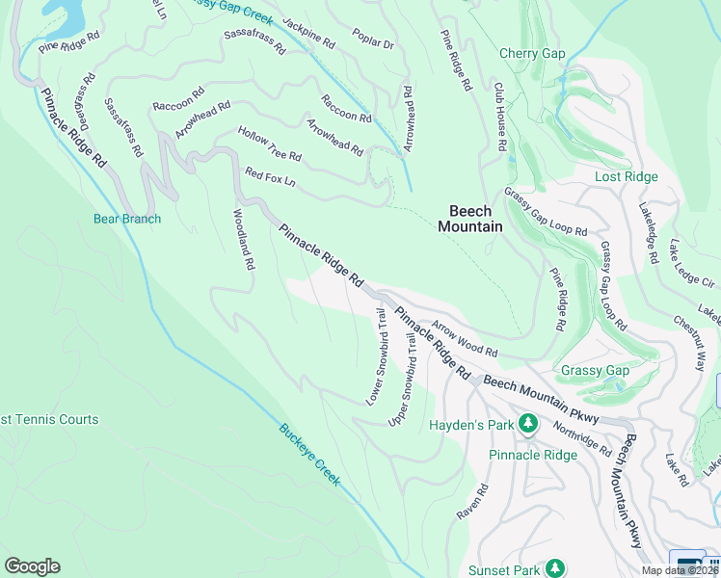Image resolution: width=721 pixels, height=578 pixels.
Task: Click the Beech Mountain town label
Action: coord(470,219)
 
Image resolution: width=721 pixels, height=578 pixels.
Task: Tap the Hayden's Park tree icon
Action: coord(527,423)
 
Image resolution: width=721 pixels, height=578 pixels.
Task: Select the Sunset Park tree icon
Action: coord(555,568)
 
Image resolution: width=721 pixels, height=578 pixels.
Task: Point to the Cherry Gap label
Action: coord(532,54)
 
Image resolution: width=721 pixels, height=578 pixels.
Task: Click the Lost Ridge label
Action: coord(626,176)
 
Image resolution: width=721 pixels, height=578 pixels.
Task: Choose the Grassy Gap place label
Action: coord(596,370)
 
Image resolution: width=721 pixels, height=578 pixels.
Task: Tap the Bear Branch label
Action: coord(127,219)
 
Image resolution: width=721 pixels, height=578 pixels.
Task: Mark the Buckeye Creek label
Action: coord(309,455)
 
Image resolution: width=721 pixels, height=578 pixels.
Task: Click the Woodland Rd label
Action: coord(242,238)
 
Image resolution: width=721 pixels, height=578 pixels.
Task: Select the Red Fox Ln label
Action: coord(270,177)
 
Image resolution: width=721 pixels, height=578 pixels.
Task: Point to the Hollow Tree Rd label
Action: coord(270,144)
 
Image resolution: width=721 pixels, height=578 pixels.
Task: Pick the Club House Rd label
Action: coord(499,117)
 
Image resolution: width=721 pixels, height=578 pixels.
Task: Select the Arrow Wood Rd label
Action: coord(464,339)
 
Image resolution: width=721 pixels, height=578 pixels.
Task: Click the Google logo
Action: coord(32,566)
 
